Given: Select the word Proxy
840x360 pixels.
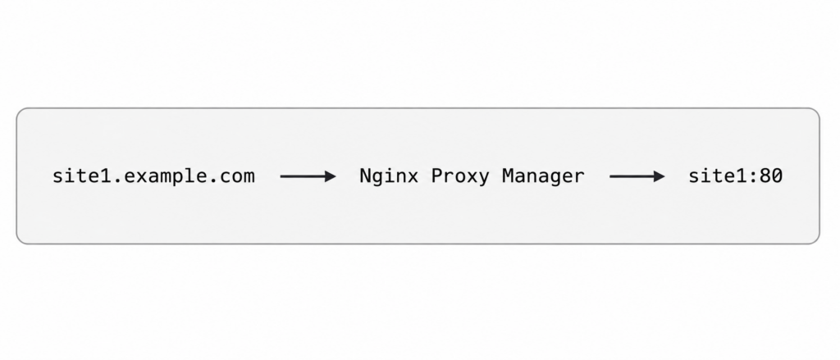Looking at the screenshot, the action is [x=459, y=176].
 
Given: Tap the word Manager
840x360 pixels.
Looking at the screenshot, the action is [x=543, y=176].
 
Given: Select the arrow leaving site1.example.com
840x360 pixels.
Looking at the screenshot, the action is [x=308, y=176].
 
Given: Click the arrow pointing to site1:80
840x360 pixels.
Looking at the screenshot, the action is [x=637, y=176].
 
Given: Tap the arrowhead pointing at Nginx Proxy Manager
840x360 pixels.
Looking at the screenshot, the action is [x=331, y=176].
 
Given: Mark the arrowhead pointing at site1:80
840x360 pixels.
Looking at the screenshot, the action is [x=660, y=176].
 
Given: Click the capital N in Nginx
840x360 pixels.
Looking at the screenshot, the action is [x=365, y=176].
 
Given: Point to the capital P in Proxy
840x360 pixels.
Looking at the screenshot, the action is [x=437, y=176].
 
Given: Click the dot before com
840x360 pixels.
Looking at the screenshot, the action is [x=212, y=182].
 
